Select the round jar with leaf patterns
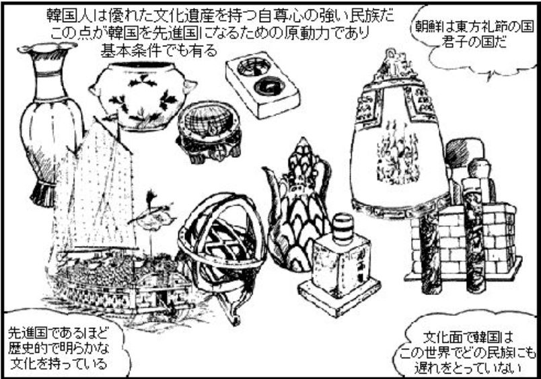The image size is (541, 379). point(143,96)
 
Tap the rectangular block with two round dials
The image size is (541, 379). point(263,85)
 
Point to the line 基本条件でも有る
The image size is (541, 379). point(159,51)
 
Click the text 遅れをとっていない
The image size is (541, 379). point(468,368)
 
